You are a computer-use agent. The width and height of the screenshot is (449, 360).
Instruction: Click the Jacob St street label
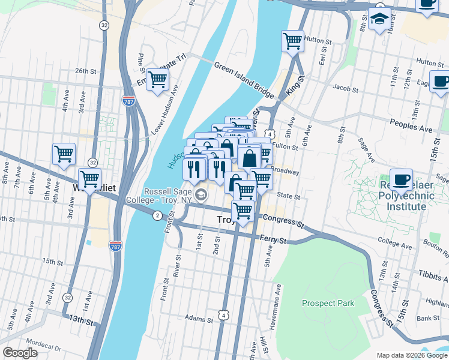pos(345,89)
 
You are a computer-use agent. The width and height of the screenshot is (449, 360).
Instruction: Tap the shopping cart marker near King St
pos(292,41)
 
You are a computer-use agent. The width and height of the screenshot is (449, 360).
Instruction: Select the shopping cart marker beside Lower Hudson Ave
pos(157,79)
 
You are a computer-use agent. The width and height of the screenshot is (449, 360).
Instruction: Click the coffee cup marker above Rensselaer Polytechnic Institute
pos(401,178)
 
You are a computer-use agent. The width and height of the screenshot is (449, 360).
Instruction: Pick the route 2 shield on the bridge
pos(157,215)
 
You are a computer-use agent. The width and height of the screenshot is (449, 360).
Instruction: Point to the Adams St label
pos(199,318)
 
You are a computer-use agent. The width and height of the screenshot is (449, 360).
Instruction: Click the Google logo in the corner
pos(20,353)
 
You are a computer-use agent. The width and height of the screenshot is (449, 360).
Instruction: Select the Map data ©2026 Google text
pos(411,355)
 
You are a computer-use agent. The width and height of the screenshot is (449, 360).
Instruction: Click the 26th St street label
pos(86,71)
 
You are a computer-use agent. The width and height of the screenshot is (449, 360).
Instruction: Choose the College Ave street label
pos(393,240)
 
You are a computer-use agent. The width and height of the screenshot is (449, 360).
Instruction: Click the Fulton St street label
pos(286,146)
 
